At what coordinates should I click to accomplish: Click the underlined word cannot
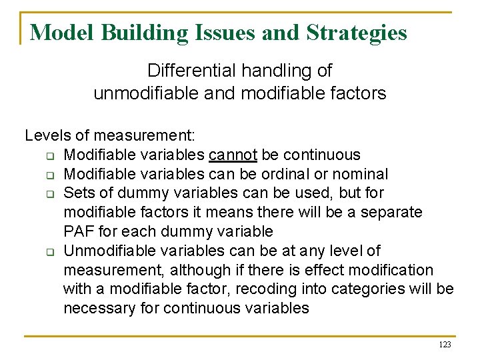pos(233,155)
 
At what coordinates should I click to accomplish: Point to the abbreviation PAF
pos(78,232)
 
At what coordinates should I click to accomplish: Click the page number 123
pos(445,345)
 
